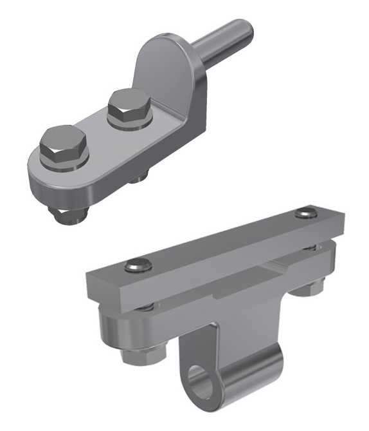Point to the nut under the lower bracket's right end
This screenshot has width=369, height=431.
tap(307, 291)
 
